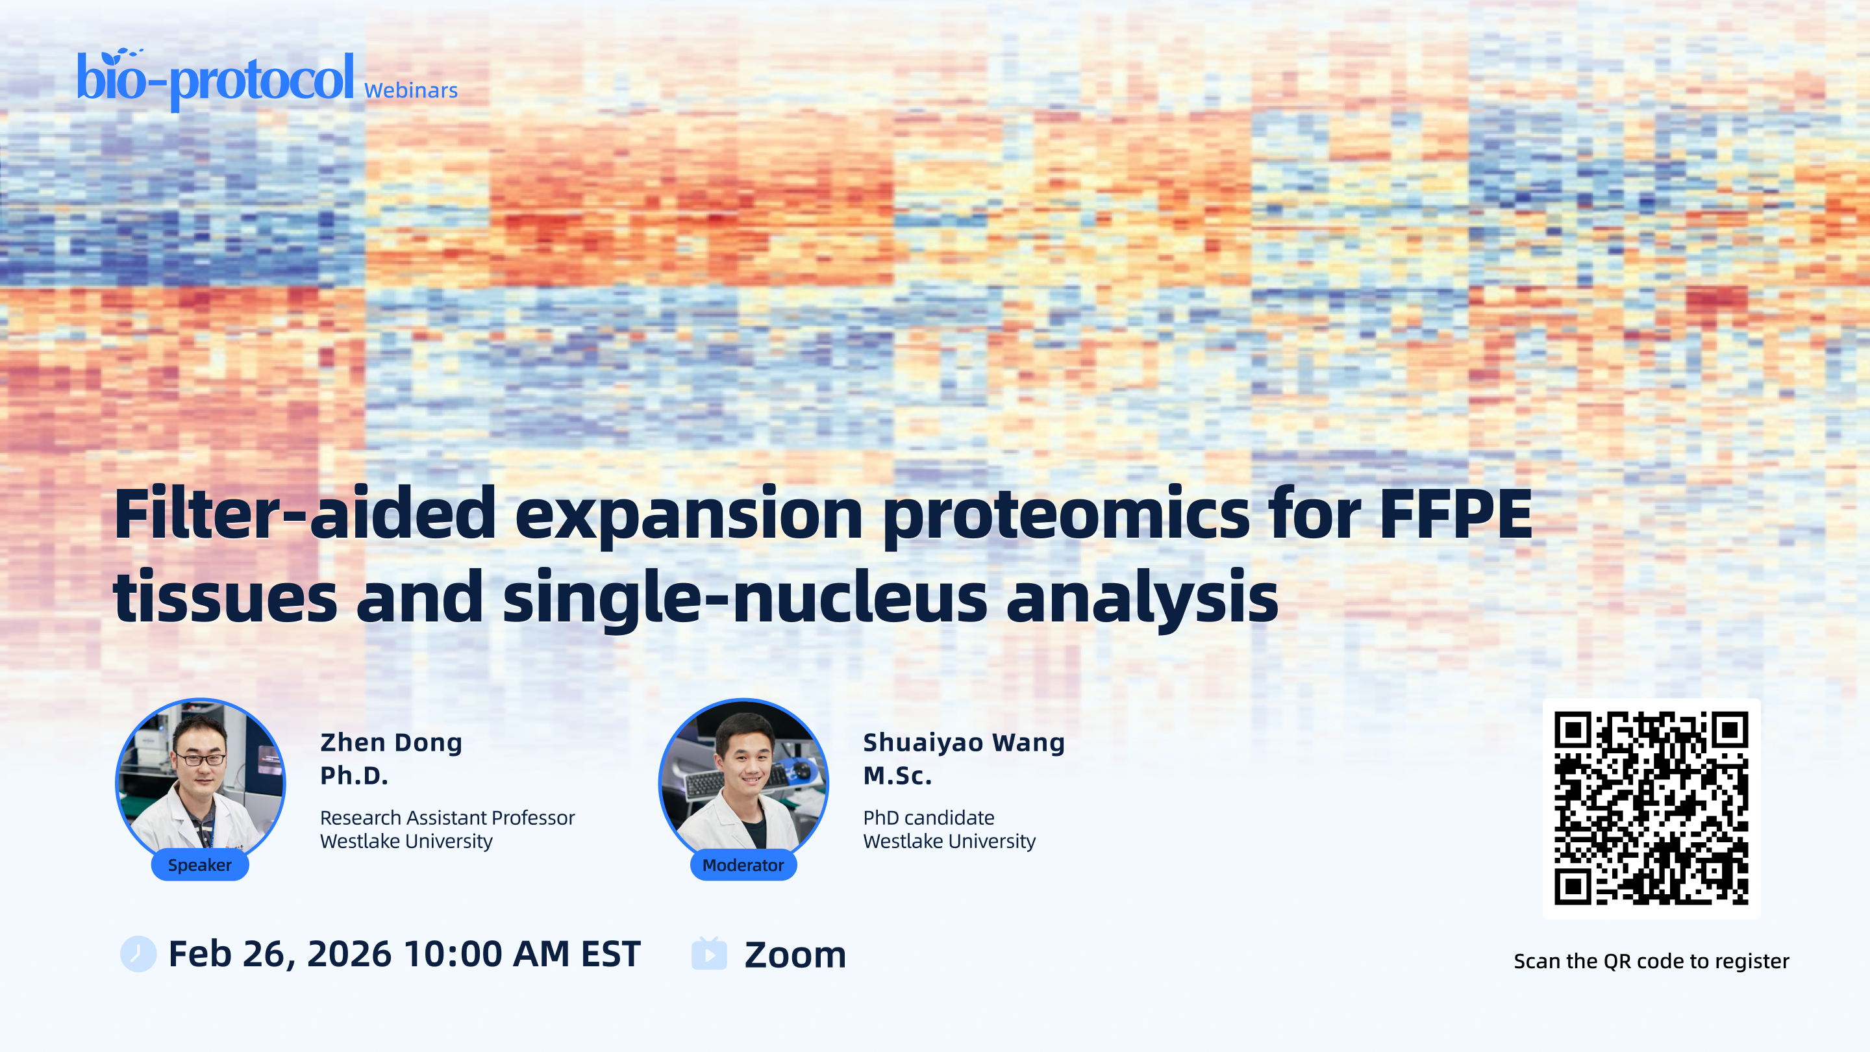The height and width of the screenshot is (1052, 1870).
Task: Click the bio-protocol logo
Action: point(216,79)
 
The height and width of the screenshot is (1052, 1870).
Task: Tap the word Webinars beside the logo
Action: point(411,90)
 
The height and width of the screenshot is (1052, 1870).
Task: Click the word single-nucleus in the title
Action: point(745,597)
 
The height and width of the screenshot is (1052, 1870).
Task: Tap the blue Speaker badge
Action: point(199,865)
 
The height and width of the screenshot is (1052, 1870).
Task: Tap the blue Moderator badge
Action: point(743,865)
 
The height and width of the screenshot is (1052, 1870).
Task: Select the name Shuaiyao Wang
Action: point(964,743)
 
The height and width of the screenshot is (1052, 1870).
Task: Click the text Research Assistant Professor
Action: point(447,818)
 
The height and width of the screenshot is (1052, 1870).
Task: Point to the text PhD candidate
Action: point(929,818)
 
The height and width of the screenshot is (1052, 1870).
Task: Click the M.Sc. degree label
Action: point(897,775)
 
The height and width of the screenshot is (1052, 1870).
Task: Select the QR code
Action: point(1651,808)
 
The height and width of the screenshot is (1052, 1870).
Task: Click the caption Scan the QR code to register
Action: point(1651,961)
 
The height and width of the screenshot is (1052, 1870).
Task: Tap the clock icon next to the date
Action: point(138,954)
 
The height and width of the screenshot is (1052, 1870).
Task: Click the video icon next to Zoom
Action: point(709,953)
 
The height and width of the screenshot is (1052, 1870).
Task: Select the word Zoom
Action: point(795,955)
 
